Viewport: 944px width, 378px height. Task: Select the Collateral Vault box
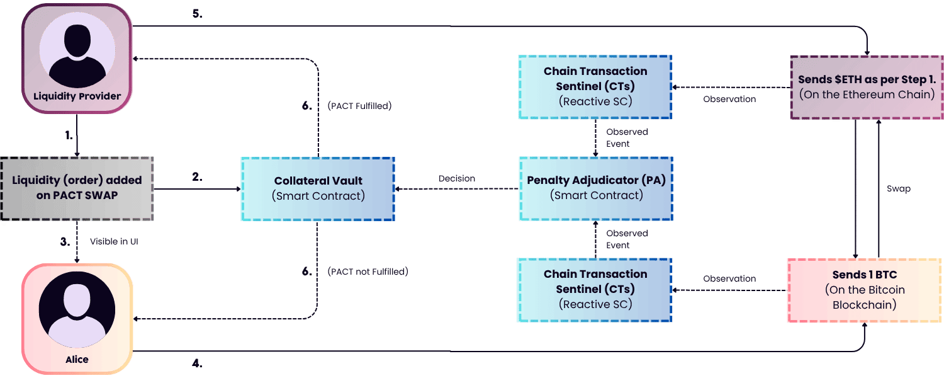click(x=318, y=188)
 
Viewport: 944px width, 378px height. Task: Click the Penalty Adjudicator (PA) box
click(x=595, y=188)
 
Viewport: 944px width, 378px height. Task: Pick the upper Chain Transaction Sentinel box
click(x=595, y=87)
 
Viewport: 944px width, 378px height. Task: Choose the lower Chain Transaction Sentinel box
click(x=595, y=290)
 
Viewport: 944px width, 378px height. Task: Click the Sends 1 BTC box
click(x=863, y=290)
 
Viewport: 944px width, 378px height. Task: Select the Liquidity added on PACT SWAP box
click(x=77, y=188)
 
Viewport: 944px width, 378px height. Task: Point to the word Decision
click(x=457, y=178)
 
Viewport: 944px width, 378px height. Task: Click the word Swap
click(x=898, y=189)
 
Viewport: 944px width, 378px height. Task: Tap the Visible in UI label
click(x=114, y=241)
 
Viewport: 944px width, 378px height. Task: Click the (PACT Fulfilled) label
click(x=359, y=106)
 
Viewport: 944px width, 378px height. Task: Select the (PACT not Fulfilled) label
click(x=368, y=272)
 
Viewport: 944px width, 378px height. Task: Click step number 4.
click(x=197, y=364)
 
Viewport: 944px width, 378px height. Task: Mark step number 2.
click(x=197, y=178)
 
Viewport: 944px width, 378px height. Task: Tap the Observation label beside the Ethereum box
click(x=729, y=99)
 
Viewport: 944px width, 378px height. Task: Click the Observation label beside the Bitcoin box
click(x=729, y=278)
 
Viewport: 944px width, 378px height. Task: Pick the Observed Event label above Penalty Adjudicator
click(x=627, y=137)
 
